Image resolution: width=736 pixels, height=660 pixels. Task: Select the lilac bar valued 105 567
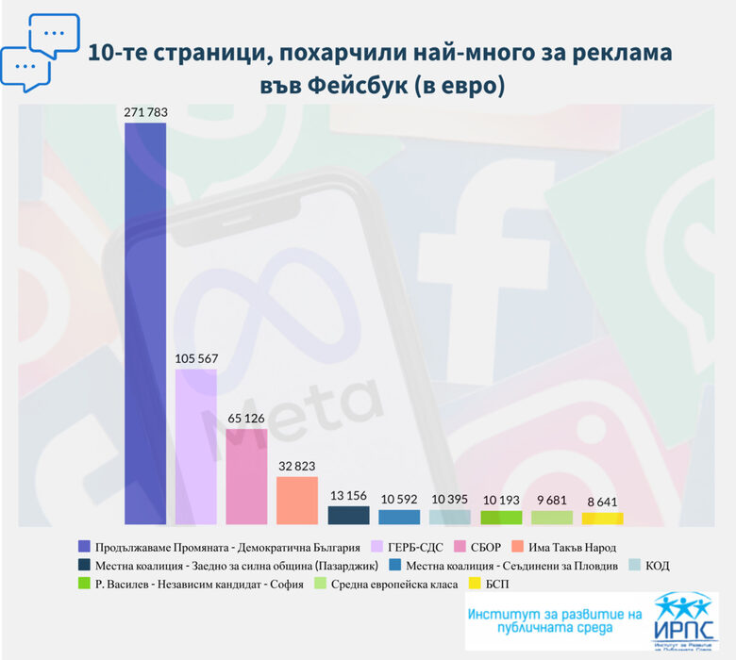click(196, 446)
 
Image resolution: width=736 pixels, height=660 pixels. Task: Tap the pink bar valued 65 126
click(247, 476)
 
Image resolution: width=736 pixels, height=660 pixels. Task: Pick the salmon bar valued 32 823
click(297, 500)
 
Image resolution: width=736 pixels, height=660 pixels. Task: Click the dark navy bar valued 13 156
click(348, 515)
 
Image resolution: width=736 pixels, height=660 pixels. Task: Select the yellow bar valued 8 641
click(602, 518)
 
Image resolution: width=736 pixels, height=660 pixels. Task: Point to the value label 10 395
click(450, 497)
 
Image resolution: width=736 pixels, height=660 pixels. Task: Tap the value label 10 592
click(399, 497)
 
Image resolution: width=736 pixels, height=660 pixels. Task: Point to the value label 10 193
click(501, 497)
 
